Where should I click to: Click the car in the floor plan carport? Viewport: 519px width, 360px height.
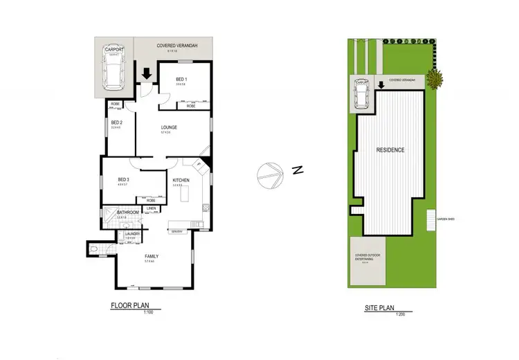pyautogui.click(x=113, y=71)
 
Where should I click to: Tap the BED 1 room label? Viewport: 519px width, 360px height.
pyautogui.click(x=181, y=80)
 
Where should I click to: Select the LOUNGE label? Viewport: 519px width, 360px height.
pyautogui.click(x=170, y=127)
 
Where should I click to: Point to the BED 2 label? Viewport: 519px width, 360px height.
pyautogui.click(x=116, y=122)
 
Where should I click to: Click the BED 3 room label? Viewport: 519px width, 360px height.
pyautogui.click(x=125, y=181)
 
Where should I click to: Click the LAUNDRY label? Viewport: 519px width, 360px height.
pyautogui.click(x=133, y=234)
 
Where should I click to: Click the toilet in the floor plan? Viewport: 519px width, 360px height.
pyautogui.click(x=95, y=247)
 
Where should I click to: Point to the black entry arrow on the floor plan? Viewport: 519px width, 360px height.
pyautogui.click(x=147, y=73)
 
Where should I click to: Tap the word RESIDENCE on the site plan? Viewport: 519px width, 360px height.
pyautogui.click(x=390, y=150)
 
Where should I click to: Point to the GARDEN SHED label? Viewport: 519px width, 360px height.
pyautogui.click(x=445, y=219)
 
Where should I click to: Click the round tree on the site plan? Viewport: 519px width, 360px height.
pyautogui.click(x=435, y=79)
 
